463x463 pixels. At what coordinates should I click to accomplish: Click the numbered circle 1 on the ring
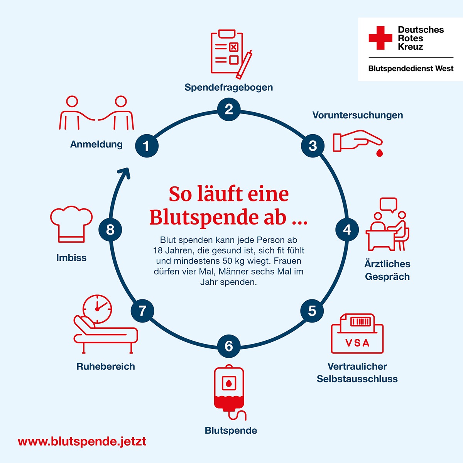[x=147, y=146]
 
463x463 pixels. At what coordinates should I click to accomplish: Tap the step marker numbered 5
[x=312, y=311]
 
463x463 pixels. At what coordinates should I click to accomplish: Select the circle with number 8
[x=110, y=230]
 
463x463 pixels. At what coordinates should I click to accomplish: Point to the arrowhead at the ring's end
[x=125, y=173]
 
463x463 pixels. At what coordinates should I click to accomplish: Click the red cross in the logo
[x=380, y=38]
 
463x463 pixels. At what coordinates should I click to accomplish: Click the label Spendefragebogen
[x=228, y=87]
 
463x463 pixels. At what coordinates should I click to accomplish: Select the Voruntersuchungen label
[x=358, y=115]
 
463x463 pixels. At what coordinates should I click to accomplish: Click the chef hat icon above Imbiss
[x=71, y=224]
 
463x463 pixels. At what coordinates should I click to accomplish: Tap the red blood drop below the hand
[x=379, y=153]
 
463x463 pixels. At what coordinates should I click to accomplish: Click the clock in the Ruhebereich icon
[x=97, y=309]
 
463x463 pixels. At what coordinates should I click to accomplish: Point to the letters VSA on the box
[x=357, y=343]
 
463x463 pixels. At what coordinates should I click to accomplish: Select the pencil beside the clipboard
[x=244, y=64]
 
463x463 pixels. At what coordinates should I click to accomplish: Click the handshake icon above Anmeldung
[x=96, y=113]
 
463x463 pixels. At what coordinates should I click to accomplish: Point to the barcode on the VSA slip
[x=360, y=322]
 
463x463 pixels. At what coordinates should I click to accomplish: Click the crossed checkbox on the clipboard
[x=233, y=47]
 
